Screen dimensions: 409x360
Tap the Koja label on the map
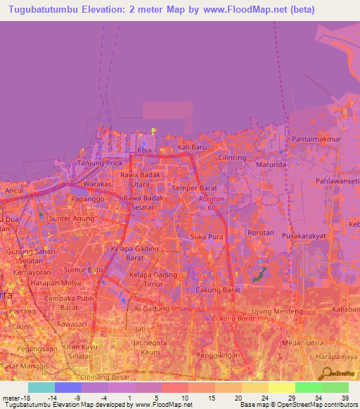click(144, 150)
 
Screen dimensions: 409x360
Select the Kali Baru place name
click(193, 147)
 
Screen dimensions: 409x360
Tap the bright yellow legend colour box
click(282, 387)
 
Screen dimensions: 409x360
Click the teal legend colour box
click(41, 387)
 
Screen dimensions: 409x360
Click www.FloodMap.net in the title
click(253, 10)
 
